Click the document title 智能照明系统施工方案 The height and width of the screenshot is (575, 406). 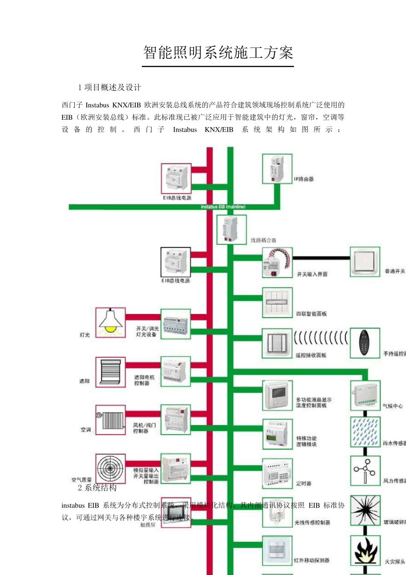(x=218, y=53)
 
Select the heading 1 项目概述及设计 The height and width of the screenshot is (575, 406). (x=109, y=88)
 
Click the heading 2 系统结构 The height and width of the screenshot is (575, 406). (x=97, y=488)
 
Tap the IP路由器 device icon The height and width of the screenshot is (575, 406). (x=277, y=169)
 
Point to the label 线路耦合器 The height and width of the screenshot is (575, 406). (x=263, y=240)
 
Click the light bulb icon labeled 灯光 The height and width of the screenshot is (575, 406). (x=110, y=322)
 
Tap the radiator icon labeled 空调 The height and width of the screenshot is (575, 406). (x=110, y=419)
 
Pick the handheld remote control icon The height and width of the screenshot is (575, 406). (x=365, y=343)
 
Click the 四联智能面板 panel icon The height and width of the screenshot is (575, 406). (x=277, y=303)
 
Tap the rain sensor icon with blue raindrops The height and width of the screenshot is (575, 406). (x=365, y=432)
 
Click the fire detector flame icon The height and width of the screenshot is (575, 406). (x=365, y=550)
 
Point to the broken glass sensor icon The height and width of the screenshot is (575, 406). (x=365, y=510)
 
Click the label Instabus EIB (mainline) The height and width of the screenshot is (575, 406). (x=223, y=207)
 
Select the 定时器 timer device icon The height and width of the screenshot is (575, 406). (x=277, y=474)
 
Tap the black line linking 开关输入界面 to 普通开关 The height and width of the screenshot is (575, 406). (x=321, y=258)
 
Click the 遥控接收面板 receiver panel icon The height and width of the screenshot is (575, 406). (x=277, y=343)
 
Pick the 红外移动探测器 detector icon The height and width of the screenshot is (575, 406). (x=277, y=550)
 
